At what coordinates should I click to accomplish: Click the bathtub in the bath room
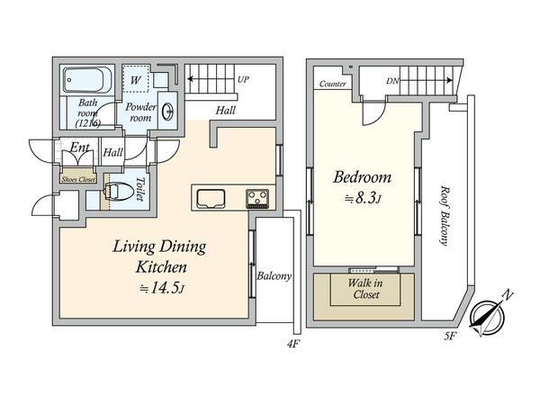click(x=87, y=80)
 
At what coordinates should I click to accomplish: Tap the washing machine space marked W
click(x=136, y=78)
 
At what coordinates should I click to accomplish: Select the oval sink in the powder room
click(x=167, y=111)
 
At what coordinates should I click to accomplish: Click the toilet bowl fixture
click(x=119, y=191)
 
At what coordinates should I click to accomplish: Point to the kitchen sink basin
click(x=211, y=199)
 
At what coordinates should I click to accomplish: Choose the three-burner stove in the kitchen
click(x=257, y=199)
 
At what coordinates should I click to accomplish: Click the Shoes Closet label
click(x=78, y=179)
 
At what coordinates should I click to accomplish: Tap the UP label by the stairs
click(x=243, y=79)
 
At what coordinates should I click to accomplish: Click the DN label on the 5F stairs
click(x=392, y=81)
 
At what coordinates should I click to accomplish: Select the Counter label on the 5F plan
click(x=332, y=84)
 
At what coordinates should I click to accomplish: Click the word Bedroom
click(x=363, y=177)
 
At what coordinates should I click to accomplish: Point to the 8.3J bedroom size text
click(x=364, y=198)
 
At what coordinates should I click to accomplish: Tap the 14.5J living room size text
click(x=162, y=288)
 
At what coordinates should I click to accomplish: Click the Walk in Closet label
click(x=365, y=289)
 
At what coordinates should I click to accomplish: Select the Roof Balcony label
click(x=445, y=216)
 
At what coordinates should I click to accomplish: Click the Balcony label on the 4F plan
click(x=274, y=276)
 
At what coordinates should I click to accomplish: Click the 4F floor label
click(x=292, y=344)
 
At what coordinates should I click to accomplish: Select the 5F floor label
click(x=450, y=336)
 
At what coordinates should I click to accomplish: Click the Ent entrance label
click(x=79, y=148)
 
